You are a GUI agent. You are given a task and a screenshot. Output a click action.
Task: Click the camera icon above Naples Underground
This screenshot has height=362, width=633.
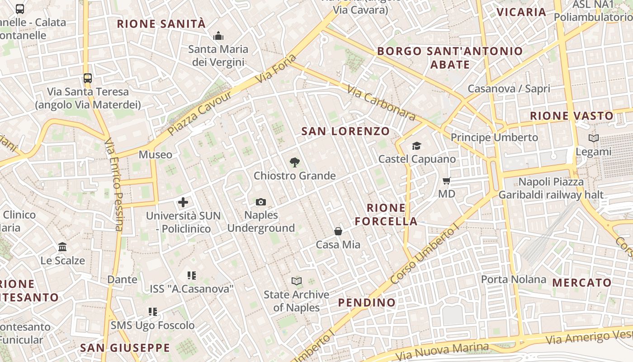coord(261,202)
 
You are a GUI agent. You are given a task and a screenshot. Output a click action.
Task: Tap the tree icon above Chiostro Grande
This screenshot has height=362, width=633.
coord(294,162)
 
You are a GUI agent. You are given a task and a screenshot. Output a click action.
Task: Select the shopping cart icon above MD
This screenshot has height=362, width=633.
coord(447,181)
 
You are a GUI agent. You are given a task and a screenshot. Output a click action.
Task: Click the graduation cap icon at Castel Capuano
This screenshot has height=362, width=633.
coord(416,146)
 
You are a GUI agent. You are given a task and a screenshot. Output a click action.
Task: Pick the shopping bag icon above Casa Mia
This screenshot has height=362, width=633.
coord(338,232)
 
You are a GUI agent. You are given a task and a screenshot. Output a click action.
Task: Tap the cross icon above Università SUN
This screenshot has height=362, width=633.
coord(183,202)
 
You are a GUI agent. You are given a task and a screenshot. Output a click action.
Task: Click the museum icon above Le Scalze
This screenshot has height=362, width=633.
coord(63,247)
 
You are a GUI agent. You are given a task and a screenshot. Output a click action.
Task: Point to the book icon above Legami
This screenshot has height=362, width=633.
coord(593,138)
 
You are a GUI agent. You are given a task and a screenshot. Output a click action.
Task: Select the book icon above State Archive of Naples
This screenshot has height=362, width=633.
coord(297,281)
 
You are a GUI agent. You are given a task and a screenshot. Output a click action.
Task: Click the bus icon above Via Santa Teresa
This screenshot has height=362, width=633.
coord(88,78)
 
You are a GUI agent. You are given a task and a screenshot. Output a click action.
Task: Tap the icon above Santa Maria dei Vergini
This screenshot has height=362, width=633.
coord(218,35)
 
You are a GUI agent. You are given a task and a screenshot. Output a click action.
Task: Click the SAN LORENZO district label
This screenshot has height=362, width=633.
coord(345,131)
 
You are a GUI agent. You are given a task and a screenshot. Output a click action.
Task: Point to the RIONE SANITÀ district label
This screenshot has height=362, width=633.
coord(161,24)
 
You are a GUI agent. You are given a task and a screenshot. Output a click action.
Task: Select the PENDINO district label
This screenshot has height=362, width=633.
coord(367,302)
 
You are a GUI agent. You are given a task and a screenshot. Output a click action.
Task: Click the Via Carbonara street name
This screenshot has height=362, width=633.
coord(382,103)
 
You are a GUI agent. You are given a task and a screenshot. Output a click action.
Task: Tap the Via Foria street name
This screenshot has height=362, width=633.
coord(276,69)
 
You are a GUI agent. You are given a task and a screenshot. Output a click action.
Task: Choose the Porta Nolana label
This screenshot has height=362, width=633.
coord(514,279)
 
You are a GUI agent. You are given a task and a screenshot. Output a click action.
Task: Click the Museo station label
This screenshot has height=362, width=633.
coord(156,155)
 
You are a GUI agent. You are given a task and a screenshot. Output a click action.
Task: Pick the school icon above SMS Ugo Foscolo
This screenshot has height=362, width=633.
coord(153,312)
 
